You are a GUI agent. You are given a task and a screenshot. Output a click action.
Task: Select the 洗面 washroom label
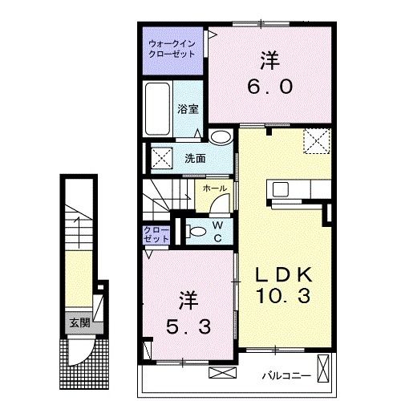click(195, 157)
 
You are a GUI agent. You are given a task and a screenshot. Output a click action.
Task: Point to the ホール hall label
click(214, 188)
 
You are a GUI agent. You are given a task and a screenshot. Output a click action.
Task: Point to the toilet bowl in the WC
click(193, 232)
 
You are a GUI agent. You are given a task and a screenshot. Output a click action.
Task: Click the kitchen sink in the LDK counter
click(282, 189)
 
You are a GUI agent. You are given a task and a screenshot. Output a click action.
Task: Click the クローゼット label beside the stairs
click(156, 234)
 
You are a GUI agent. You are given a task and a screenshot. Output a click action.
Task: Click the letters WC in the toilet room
click(216, 230)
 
